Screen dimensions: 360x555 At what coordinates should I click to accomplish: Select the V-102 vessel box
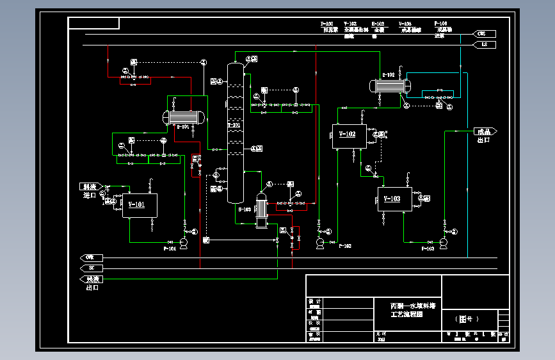[x=348, y=136]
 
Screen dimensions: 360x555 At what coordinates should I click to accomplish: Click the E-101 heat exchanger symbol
[x=184, y=117]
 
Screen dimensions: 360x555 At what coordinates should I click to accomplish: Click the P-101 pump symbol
[x=184, y=242]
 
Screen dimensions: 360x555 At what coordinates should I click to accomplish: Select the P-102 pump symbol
[x=320, y=242]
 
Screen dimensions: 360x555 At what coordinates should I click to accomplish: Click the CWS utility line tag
[x=483, y=33]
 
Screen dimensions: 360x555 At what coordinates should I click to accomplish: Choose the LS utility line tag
[x=483, y=45]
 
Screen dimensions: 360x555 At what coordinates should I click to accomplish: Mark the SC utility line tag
[x=91, y=268]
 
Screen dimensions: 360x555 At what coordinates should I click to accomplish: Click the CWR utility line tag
[x=91, y=258]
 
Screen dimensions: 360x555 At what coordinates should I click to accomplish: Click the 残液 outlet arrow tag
[x=92, y=279]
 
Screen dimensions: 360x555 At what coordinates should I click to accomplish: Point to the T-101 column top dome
[x=234, y=67]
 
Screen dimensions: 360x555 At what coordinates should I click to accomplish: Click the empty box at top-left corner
[x=93, y=24]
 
